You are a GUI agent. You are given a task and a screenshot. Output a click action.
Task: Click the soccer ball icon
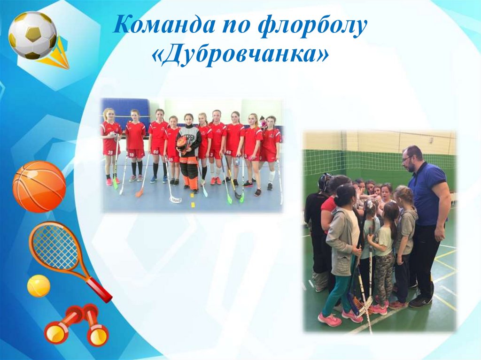click(32, 35)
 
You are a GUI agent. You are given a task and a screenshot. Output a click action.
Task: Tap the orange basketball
click(39, 186)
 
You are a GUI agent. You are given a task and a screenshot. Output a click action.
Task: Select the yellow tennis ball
click(39, 286)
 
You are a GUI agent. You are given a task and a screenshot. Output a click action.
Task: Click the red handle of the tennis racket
click(99, 290)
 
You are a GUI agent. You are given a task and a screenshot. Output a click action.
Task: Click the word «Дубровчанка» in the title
click(240, 56)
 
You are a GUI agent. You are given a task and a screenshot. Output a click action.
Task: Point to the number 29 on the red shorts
click(110, 153)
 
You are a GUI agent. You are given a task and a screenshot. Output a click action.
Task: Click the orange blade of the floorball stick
click(140, 193)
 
